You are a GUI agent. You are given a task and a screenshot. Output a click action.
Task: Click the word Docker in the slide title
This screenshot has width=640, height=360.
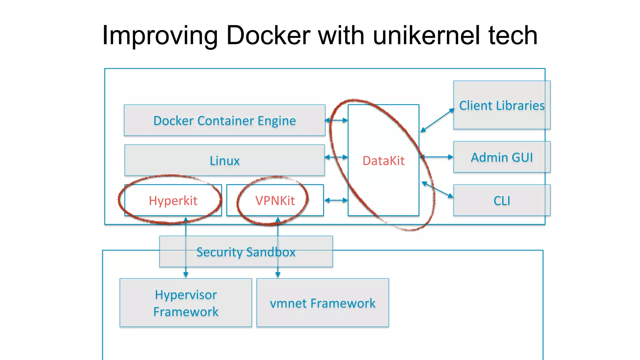tap(268, 35)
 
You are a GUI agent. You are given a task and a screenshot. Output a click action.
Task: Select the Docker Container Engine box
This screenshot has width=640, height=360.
tap(224, 121)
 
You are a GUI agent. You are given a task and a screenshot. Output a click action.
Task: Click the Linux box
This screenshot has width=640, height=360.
tap(224, 161)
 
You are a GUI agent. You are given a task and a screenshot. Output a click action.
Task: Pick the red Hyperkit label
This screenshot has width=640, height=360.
tap(173, 201)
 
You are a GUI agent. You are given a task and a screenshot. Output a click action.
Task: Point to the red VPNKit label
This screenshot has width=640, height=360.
tap(275, 201)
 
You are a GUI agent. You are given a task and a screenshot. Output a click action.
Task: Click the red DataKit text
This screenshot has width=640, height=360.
tap(383, 161)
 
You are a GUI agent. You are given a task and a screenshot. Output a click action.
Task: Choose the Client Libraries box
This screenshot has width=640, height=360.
tap(502, 105)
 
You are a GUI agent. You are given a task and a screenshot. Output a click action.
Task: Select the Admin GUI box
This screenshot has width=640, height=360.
tap(502, 157)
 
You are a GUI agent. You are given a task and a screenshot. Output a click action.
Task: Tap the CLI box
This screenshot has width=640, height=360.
tap(502, 201)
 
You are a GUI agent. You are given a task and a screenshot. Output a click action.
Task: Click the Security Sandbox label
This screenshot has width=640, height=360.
tap(246, 252)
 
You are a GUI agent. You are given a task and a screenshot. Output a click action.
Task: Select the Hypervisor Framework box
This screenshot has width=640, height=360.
tap(186, 303)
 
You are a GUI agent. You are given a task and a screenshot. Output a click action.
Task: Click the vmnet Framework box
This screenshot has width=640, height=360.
tap(322, 303)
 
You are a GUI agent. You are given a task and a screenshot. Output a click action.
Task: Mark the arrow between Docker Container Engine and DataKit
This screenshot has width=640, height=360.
tap(336, 120)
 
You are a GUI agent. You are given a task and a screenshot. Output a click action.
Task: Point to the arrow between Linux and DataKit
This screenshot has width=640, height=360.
tap(336, 157)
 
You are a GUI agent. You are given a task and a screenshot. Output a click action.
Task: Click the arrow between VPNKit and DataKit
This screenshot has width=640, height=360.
tap(336, 200)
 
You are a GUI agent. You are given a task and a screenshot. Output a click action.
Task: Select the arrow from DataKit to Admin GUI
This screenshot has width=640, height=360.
tap(437, 157)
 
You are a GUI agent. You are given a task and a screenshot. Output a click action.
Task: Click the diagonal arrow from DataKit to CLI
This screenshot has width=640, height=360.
tap(437, 190)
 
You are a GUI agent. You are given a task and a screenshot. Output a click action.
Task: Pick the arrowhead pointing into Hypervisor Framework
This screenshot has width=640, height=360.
tap(186, 275)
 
